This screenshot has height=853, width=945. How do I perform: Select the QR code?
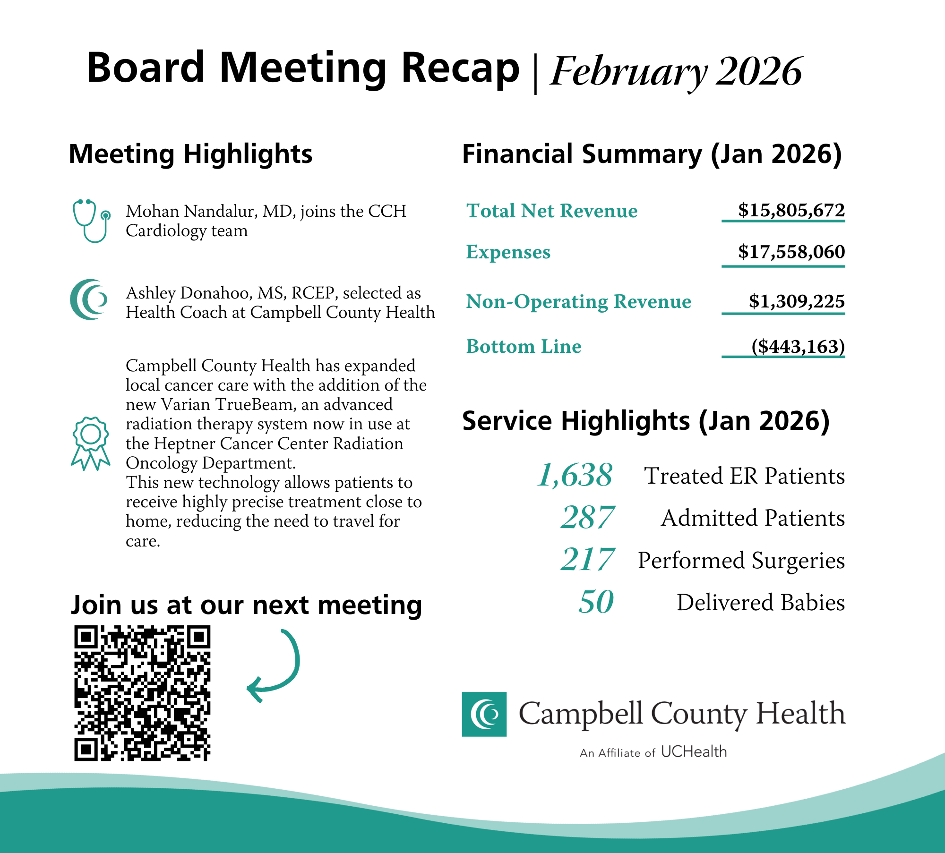[x=142, y=693]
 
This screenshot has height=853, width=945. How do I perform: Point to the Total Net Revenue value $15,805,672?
[x=791, y=210]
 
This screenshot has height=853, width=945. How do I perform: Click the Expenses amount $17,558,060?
[x=791, y=252]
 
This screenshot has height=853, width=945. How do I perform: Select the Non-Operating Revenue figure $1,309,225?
[x=796, y=301]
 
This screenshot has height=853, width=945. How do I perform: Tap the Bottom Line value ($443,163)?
[x=798, y=346]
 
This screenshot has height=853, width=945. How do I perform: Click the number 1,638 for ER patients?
[x=575, y=475]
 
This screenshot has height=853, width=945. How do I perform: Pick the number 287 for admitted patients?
[x=587, y=517]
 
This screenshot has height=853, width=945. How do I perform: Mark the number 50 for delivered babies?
[x=596, y=602]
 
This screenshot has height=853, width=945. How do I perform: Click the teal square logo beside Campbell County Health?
[x=484, y=714]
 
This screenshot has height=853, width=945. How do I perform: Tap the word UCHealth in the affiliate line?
[x=694, y=751]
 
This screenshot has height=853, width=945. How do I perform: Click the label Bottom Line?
[x=524, y=346]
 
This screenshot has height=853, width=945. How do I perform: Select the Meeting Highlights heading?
[x=190, y=154]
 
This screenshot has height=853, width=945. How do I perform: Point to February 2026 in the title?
[x=676, y=71]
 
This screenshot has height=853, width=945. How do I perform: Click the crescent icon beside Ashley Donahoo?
[x=89, y=299]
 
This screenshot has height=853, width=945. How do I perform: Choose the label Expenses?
[x=508, y=252]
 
